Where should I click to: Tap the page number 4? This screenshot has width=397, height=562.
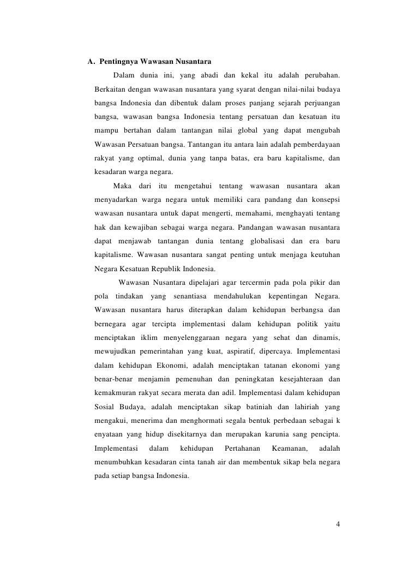click(x=338, y=525)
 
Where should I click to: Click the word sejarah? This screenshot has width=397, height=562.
click(x=266, y=103)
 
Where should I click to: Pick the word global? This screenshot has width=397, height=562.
click(x=245, y=131)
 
